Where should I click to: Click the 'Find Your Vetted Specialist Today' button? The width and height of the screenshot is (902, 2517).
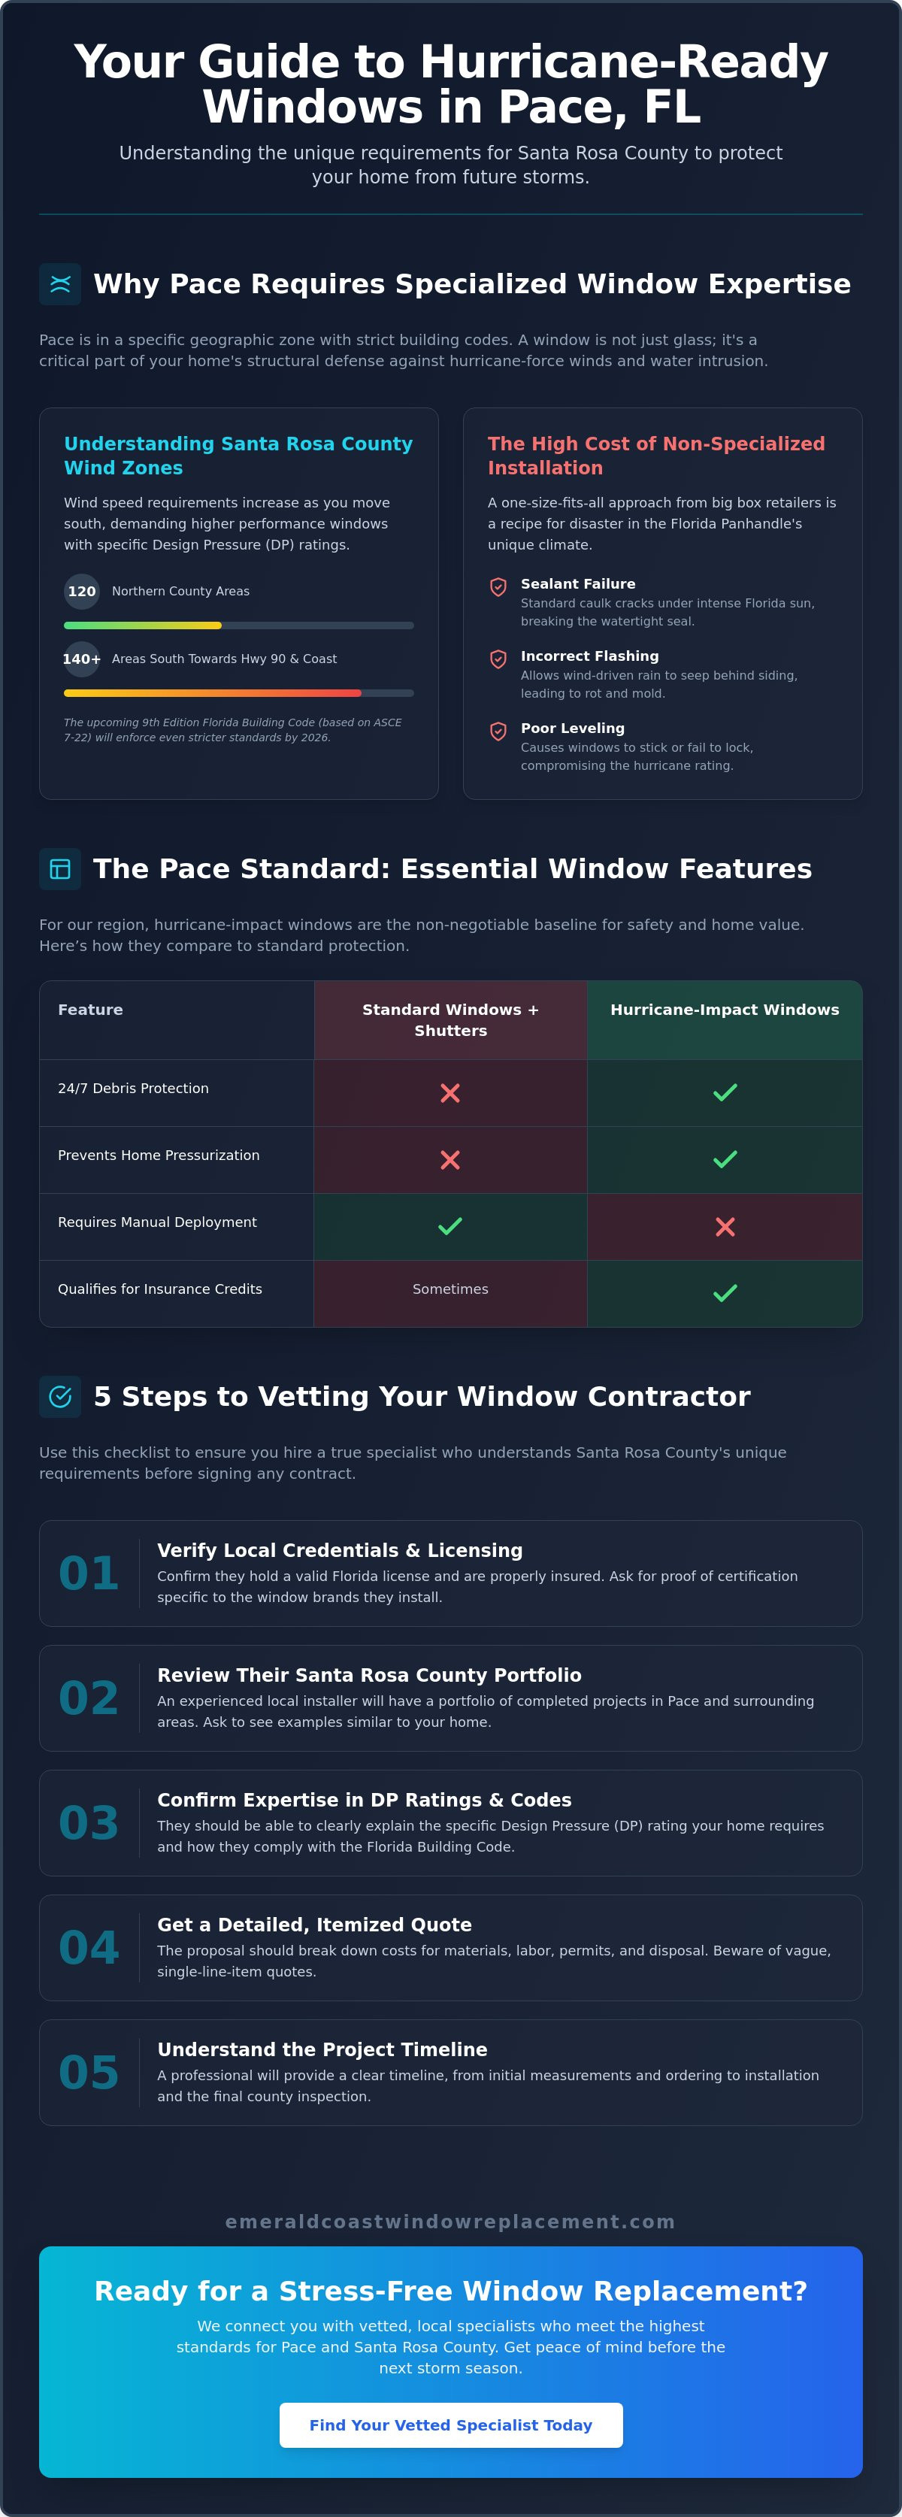coord(450,2425)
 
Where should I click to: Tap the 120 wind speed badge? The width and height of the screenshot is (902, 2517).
coord(82,591)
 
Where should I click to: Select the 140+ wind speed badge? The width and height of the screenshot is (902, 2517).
coord(82,659)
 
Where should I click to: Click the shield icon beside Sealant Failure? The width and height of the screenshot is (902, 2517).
coord(498,586)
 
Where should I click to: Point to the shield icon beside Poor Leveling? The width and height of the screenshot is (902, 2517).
coord(498,731)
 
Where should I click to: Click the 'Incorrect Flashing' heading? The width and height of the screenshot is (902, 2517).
coord(589,656)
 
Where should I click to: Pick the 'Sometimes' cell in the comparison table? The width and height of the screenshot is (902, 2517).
coord(450,1289)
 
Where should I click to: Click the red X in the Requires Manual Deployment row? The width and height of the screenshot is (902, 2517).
coord(725,1226)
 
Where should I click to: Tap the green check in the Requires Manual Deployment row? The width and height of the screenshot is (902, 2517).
coord(450,1226)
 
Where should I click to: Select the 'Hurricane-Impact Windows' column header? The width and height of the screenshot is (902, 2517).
coord(725,1010)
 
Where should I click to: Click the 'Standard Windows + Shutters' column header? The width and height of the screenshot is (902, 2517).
coord(450,1020)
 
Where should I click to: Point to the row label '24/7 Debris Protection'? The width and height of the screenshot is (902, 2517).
coord(133,1089)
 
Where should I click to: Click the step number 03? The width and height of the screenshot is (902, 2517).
coord(89,1822)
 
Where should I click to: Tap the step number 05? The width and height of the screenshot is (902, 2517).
coord(89,2073)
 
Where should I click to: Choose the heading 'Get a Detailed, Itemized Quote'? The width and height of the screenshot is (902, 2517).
coord(315,1924)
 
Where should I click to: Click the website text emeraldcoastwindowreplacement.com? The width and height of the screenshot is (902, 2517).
coord(450,2221)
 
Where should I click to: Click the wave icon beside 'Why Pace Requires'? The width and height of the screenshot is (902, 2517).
coord(59,283)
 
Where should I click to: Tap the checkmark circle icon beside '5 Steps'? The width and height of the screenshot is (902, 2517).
coord(59,1396)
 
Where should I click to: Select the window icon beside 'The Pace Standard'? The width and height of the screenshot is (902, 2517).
coord(59,868)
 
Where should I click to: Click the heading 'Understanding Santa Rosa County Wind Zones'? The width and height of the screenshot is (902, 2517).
coord(238,456)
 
